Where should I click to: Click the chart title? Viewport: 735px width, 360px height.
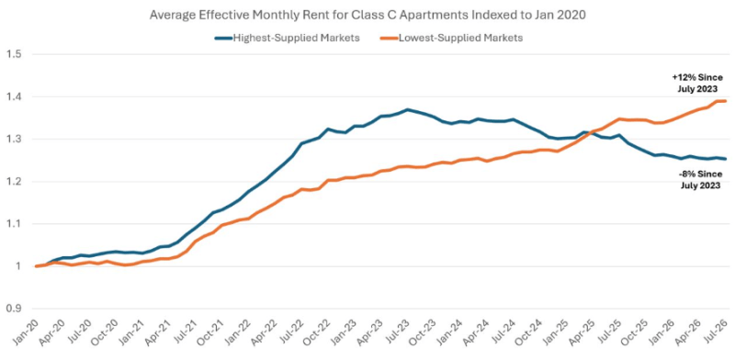pos(368,16)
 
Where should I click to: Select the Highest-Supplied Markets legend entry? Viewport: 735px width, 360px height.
pos(288,39)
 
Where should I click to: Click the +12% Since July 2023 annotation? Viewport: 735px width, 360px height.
pos(697,83)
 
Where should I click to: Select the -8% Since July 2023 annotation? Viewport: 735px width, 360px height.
pos(699,179)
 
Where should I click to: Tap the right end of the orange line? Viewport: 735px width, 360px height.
pos(725,101)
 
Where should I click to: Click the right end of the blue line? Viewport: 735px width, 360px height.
pos(725,159)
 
